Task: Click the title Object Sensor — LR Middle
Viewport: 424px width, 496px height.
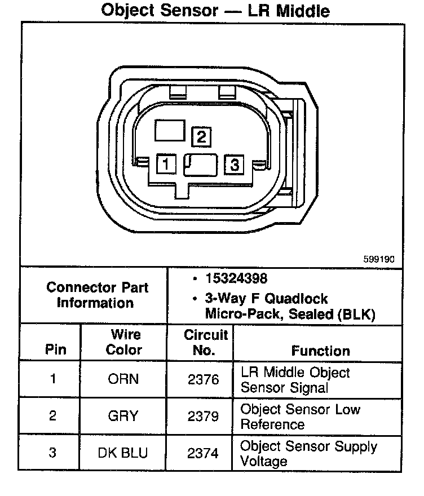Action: coord(215,11)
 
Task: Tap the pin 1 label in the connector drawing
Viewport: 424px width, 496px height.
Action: coord(166,165)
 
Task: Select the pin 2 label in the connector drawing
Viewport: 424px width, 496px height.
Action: coord(201,136)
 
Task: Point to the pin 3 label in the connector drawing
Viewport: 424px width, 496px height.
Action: coord(234,165)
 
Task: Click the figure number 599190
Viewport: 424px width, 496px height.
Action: coord(379,259)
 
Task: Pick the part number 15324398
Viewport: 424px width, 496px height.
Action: coord(236,279)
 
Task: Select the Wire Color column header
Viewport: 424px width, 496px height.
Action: coord(124,342)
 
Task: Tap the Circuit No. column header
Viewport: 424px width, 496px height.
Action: coord(206,342)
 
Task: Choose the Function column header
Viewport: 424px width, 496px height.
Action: coord(320,351)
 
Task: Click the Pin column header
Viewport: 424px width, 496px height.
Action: coord(55,349)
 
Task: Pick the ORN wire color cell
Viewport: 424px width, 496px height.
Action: coord(123,379)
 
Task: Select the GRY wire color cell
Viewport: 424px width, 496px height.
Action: coord(123,417)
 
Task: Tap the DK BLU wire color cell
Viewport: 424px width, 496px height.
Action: coord(123,453)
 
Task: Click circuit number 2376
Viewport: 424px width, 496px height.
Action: coord(203,379)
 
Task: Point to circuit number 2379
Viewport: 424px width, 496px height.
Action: coord(203,417)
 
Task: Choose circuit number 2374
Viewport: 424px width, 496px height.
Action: coord(203,453)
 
